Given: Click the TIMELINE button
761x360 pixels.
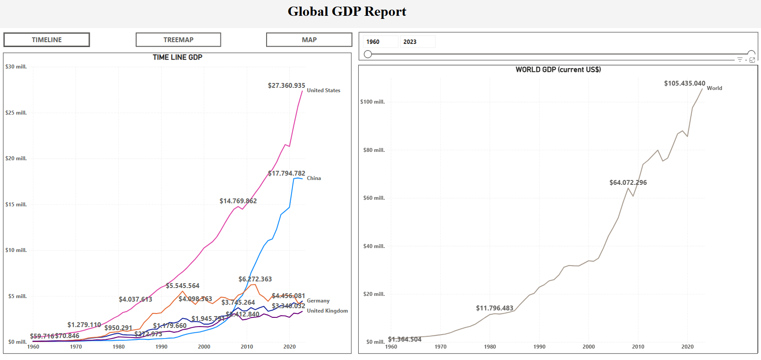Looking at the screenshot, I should coord(47,40).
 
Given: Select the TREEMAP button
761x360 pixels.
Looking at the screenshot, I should coord(178,40).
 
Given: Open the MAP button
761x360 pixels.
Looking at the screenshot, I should coord(309,40).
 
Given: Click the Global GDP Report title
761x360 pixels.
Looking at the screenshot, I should coord(347,11).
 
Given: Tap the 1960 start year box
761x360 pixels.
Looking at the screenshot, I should coord(380,42).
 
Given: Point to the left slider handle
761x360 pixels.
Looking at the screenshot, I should coord(368,54).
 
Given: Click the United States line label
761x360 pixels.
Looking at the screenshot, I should coord(323,90).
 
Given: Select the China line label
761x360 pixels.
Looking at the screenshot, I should coord(314,178).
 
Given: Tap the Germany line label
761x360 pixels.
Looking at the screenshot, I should coord(318,301).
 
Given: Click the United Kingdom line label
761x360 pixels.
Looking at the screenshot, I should coord(327,311).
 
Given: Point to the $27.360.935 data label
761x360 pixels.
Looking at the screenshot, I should coord(286,86).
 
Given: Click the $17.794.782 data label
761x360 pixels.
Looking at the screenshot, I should coord(286,173).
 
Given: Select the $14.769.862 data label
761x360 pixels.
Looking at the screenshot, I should coord(238,201).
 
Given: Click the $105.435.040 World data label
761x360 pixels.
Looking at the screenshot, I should coord(684,83).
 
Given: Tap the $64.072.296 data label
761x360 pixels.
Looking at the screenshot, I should coord(628,183).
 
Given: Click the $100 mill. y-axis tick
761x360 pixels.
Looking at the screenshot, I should coord(372,102).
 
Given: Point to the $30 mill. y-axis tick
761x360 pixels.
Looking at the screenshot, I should coord(16,67).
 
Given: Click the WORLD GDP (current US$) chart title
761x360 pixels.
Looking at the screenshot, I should coord(558,69).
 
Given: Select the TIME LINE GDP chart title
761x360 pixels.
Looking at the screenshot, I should coord(177,57).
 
